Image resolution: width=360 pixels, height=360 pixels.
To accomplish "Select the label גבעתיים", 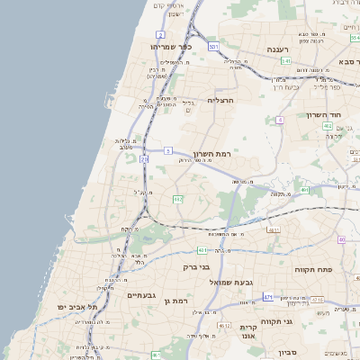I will [x=141, y=295].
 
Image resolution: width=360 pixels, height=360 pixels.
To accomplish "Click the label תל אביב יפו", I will [x=79, y=307].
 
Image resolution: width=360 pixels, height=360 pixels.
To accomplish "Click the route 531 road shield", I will [x=212, y=46].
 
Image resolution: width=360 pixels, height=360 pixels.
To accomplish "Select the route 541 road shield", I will [x=284, y=60].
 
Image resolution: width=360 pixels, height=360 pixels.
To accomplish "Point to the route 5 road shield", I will [x=167, y=150].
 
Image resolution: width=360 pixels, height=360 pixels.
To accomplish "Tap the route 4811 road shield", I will [x=274, y=229].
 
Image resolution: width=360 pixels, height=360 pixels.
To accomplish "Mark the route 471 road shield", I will [x=268, y=296].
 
